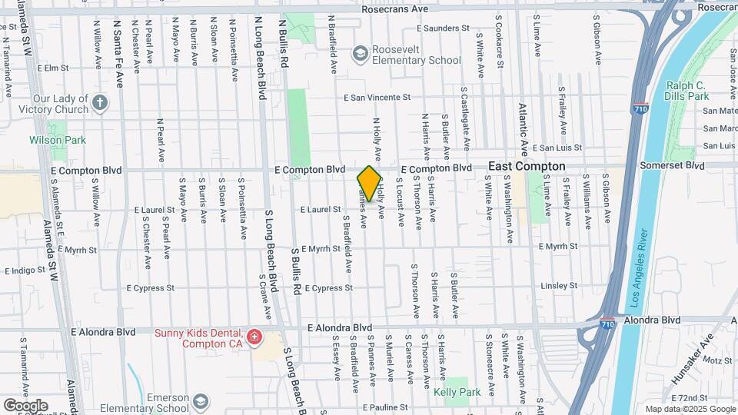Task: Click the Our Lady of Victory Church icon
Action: point(100,102)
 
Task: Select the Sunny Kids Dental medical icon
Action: point(254,337)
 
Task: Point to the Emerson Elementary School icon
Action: point(201,401)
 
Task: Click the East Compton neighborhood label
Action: point(527,166)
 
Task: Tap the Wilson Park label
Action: point(58,140)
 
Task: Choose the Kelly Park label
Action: point(457,393)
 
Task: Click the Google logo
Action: point(25,405)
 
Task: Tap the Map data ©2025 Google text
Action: point(689,409)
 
